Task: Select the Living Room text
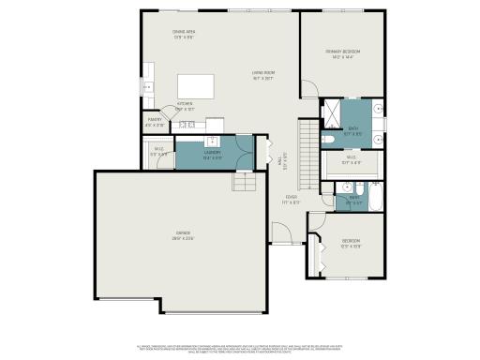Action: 262,74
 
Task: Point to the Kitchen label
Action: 185,105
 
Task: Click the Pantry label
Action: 155,121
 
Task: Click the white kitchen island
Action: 201,86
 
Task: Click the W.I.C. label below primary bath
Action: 350,160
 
